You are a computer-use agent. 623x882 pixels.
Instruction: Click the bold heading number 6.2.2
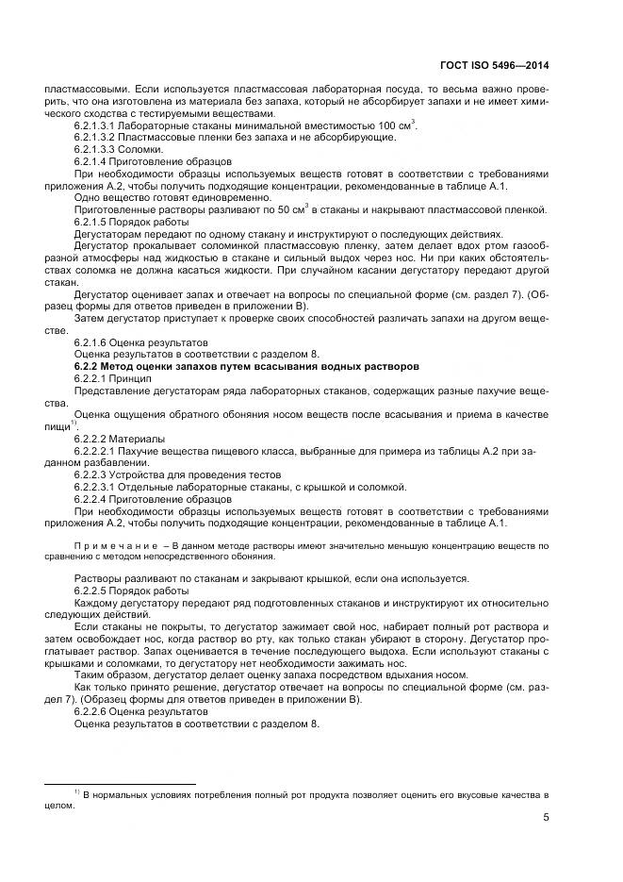coord(89,365)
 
